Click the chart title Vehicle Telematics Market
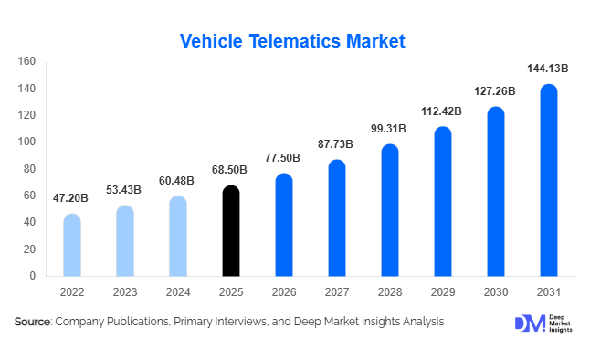pos(292,41)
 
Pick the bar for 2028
pos(390,210)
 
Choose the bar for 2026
pos(284,225)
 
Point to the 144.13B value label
pos(548,69)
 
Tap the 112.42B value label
pos(442,111)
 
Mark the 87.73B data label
pos(337,143)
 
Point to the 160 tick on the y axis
pos(26,62)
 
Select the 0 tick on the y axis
pos(32,276)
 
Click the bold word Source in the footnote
pos(32,322)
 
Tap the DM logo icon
pos(529,323)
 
